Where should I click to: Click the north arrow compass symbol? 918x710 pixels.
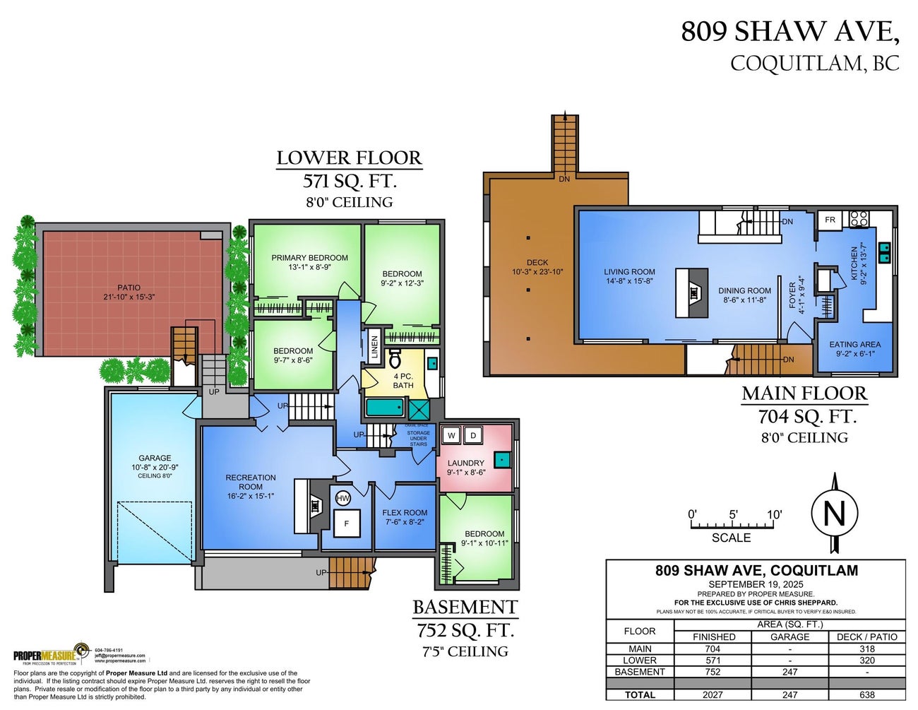[834, 513]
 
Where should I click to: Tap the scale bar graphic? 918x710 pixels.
[732, 524]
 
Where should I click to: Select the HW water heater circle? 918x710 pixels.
[343, 498]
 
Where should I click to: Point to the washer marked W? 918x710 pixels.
[451, 435]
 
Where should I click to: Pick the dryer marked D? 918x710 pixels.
[474, 435]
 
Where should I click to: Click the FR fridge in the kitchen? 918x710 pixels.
[830, 220]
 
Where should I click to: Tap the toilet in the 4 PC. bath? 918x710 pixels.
[395, 358]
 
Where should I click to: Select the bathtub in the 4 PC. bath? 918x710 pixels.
[385, 408]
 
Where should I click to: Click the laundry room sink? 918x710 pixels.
[501, 460]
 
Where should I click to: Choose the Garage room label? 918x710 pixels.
[155, 458]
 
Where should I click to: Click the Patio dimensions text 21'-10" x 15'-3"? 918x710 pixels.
[129, 297]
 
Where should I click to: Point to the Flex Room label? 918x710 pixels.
[405, 513]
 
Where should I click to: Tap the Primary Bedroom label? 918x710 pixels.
[309, 258]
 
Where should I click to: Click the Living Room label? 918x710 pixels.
[629, 271]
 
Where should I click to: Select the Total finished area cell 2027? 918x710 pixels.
[713, 694]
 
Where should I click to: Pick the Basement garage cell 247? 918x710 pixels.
[789, 672]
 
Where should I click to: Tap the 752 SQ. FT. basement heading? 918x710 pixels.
[465, 629]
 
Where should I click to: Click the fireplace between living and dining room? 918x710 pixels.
[693, 292]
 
